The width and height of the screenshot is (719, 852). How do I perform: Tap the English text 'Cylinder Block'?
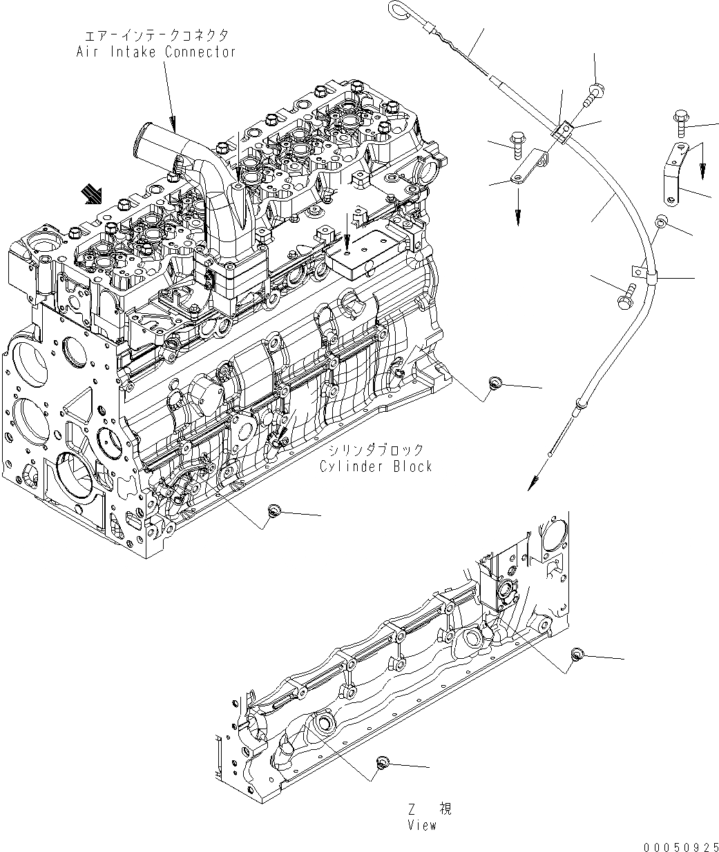point(375,466)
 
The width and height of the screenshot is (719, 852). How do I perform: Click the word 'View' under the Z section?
point(422,825)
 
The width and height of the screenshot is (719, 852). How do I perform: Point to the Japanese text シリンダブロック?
point(376,450)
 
